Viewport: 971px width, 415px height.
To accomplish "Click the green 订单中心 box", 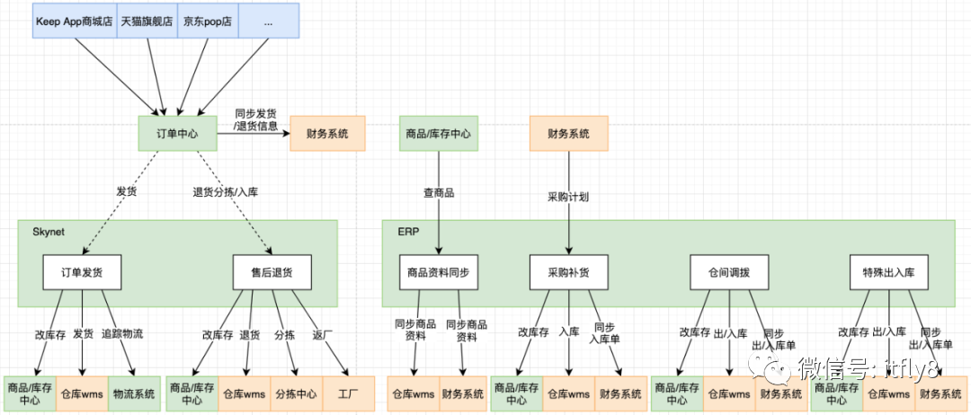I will coord(177,134).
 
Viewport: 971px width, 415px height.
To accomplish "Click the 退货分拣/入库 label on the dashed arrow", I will coord(225,191).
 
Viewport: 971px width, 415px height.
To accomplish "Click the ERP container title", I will coord(408,232).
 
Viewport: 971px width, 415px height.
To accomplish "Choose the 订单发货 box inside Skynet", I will coord(82,272).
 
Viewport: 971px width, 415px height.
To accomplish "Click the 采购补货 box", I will coord(568,272).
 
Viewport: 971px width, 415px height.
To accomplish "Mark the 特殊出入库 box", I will coord(888,272).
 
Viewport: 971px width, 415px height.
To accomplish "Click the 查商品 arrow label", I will coord(438,193).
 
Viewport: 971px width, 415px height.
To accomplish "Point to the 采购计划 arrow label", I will coord(568,196).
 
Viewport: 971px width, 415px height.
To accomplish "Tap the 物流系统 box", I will coord(133,393).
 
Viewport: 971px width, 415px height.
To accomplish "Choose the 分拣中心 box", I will coord(296,393).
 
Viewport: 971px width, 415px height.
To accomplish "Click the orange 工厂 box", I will coord(348,393).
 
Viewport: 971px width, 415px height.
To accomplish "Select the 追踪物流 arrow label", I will coord(123,333).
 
